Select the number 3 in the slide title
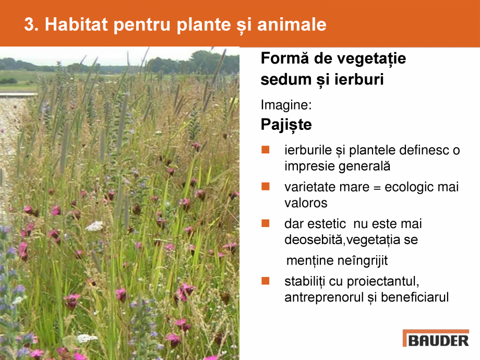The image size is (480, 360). click(x=29, y=25)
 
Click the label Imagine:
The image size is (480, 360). click(x=286, y=105)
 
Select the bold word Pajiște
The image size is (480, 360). click(x=286, y=125)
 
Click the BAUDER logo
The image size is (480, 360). click(x=436, y=339)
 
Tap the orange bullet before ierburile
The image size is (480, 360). click(x=266, y=150)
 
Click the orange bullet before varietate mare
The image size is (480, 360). click(x=266, y=186)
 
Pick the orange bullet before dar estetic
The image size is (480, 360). click(x=266, y=223)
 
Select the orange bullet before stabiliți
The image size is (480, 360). click(x=266, y=281)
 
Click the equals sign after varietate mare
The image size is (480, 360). click(x=377, y=187)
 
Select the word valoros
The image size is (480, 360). click(x=306, y=203)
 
